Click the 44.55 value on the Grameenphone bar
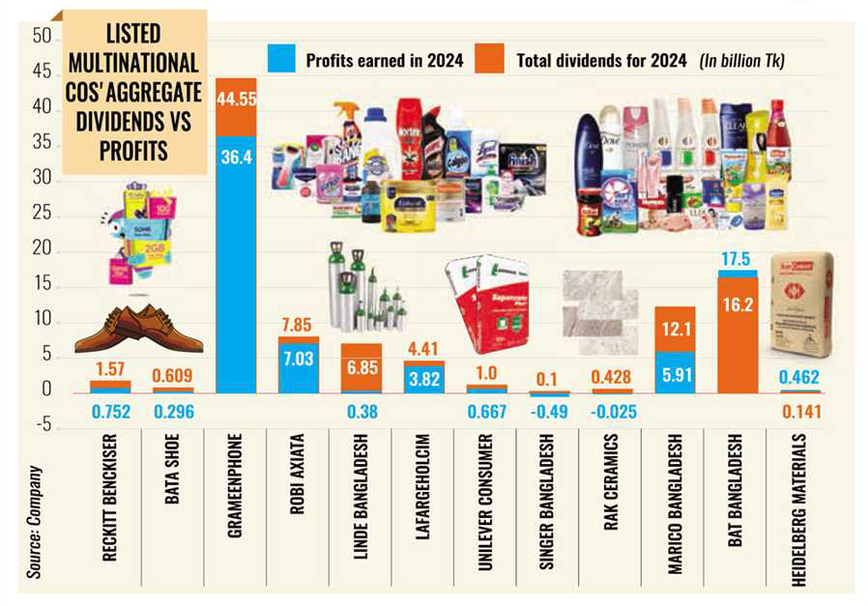[x=236, y=99]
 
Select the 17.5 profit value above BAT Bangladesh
[x=737, y=261]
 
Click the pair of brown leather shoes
[x=137, y=330]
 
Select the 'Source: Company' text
[x=36, y=523]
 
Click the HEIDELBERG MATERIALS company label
[x=799, y=508]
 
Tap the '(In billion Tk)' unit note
[x=742, y=61]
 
